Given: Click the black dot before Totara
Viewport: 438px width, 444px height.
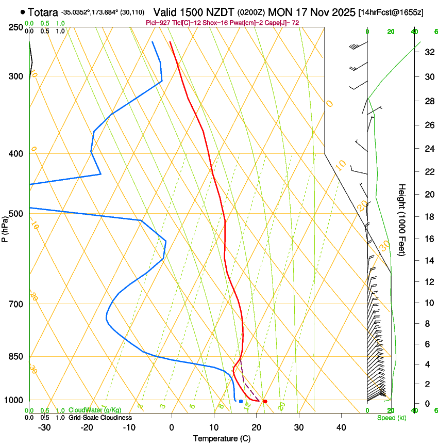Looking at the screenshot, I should (23, 11).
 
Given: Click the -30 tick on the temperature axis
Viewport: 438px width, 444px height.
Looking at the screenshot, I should (44, 427).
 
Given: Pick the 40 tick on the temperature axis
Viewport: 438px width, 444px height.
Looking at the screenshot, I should (341, 427).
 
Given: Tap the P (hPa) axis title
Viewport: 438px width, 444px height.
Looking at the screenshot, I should (6, 227).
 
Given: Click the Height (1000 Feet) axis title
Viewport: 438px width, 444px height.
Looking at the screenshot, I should (402, 220).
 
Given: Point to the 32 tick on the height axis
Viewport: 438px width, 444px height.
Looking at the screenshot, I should (429, 52).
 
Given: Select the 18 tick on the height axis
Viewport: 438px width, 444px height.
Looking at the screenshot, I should (429, 217).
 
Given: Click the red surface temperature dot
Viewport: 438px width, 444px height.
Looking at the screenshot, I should (265, 401).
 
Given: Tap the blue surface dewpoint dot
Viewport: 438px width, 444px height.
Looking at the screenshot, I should (241, 401).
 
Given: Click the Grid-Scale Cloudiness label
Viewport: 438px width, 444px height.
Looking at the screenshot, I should (100, 417).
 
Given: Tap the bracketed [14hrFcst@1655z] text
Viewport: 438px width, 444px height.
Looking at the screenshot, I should (391, 12).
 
